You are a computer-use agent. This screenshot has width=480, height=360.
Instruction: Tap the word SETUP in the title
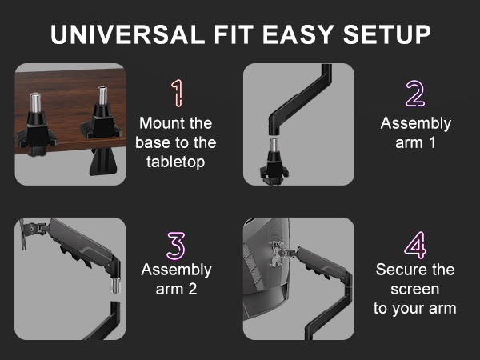tap(386, 35)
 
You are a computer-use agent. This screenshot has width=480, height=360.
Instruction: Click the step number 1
tap(176, 94)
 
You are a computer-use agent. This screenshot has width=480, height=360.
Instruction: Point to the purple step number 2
tap(415, 94)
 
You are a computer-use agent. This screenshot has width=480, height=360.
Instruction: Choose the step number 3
tap(176, 246)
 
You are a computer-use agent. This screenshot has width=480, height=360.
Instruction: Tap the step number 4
tap(415, 246)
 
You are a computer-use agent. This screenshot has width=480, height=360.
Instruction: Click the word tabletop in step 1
tap(176, 162)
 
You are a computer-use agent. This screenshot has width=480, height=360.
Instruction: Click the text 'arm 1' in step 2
tap(415, 143)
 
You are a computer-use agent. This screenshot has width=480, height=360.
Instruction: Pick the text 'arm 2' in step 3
tap(176, 289)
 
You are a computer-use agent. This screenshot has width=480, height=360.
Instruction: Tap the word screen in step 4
tap(415, 289)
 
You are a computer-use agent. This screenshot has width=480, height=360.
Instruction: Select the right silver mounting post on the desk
tap(102, 100)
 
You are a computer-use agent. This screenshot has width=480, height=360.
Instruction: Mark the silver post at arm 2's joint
tap(114, 284)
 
